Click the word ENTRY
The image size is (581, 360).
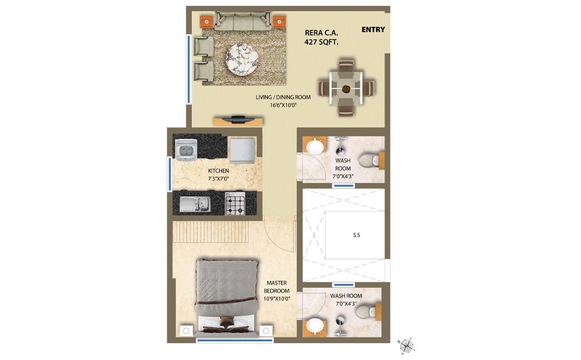pos(373,30)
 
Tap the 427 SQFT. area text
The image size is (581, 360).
pos(321,42)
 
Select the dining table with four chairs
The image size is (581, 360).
pos(346,89)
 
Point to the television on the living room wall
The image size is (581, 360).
pos(238,120)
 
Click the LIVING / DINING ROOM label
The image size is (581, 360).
pos(283,97)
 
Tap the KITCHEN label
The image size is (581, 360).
pos(218,171)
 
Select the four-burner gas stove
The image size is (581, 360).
pos(236,204)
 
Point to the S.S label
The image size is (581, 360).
pos(357,236)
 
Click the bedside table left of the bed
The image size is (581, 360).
pos(187,330)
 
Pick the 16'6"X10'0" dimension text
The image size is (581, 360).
pos(283,106)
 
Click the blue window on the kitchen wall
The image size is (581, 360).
pos(169,174)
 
